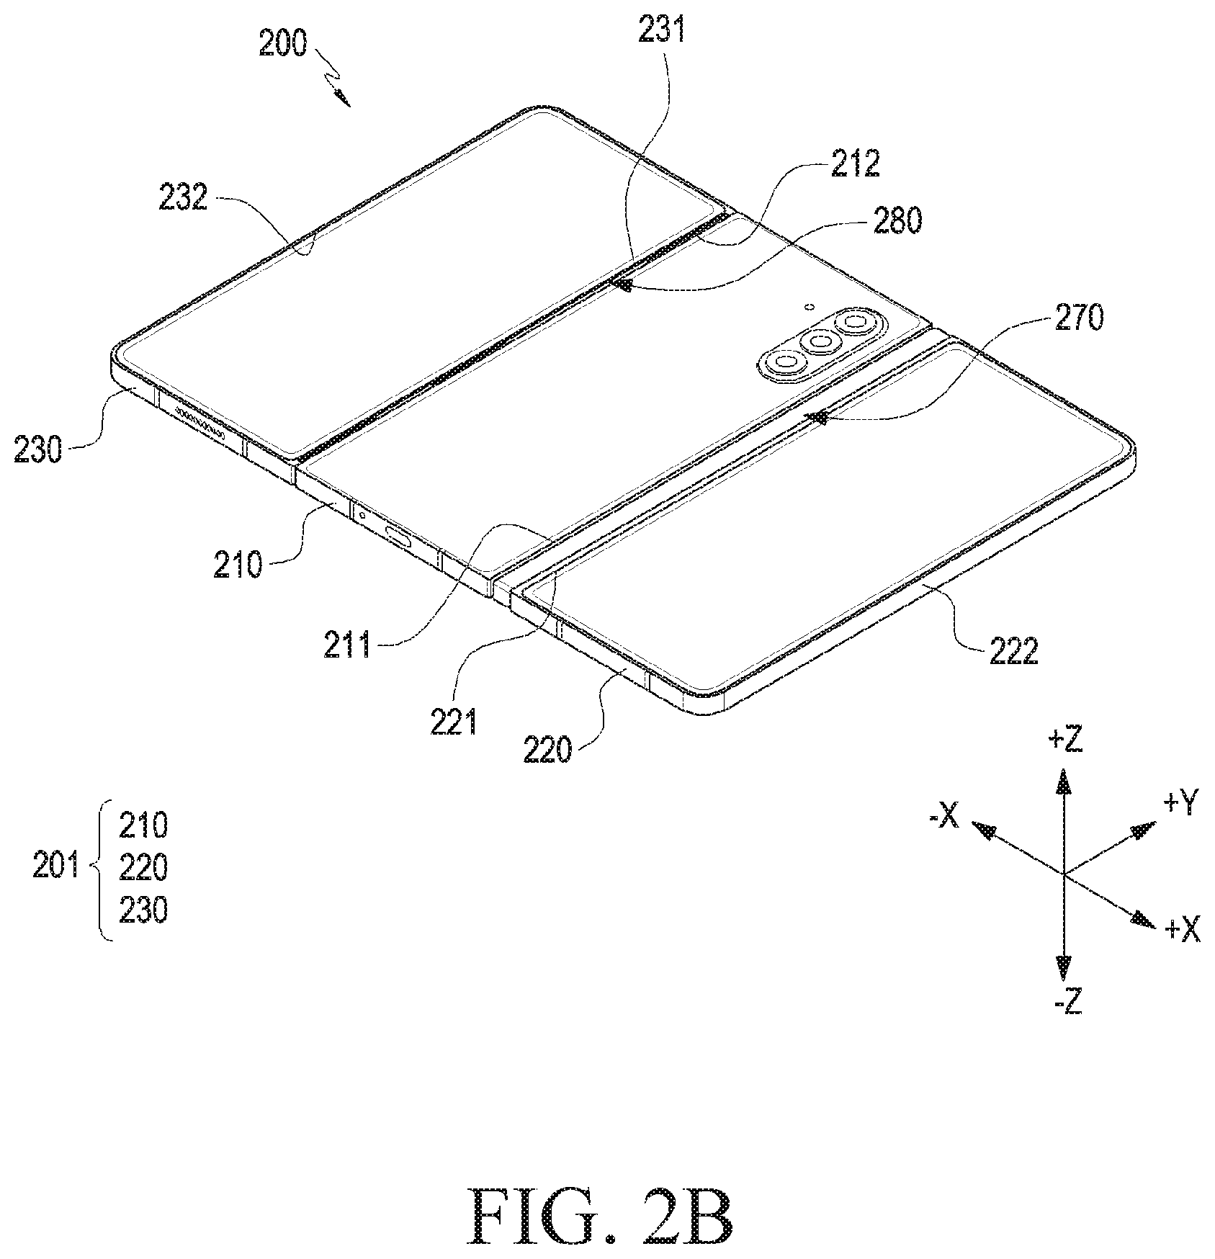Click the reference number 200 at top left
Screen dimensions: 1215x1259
tap(283, 45)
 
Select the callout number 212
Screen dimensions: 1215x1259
tap(856, 164)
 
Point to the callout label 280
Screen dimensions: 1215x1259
tap(897, 221)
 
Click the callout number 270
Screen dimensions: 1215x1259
tap(1078, 317)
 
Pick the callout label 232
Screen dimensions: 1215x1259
tap(183, 197)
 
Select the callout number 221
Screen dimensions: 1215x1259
tap(454, 722)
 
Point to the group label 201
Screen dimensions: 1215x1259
tap(56, 867)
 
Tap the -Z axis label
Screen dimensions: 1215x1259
tap(1067, 1002)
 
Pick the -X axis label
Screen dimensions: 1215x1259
tap(943, 816)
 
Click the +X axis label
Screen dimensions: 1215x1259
tap(1183, 931)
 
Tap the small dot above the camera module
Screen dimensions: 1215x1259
tap(810, 307)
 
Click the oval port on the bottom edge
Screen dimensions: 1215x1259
tap(400, 534)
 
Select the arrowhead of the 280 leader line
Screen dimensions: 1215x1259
tap(621, 284)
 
